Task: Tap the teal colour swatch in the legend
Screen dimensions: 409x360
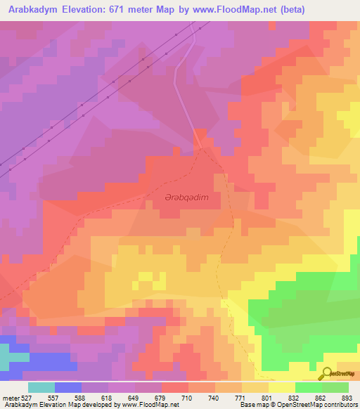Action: [41, 387]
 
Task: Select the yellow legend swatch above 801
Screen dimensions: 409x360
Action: [281, 387]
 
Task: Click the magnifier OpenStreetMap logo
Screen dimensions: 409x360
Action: [326, 373]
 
